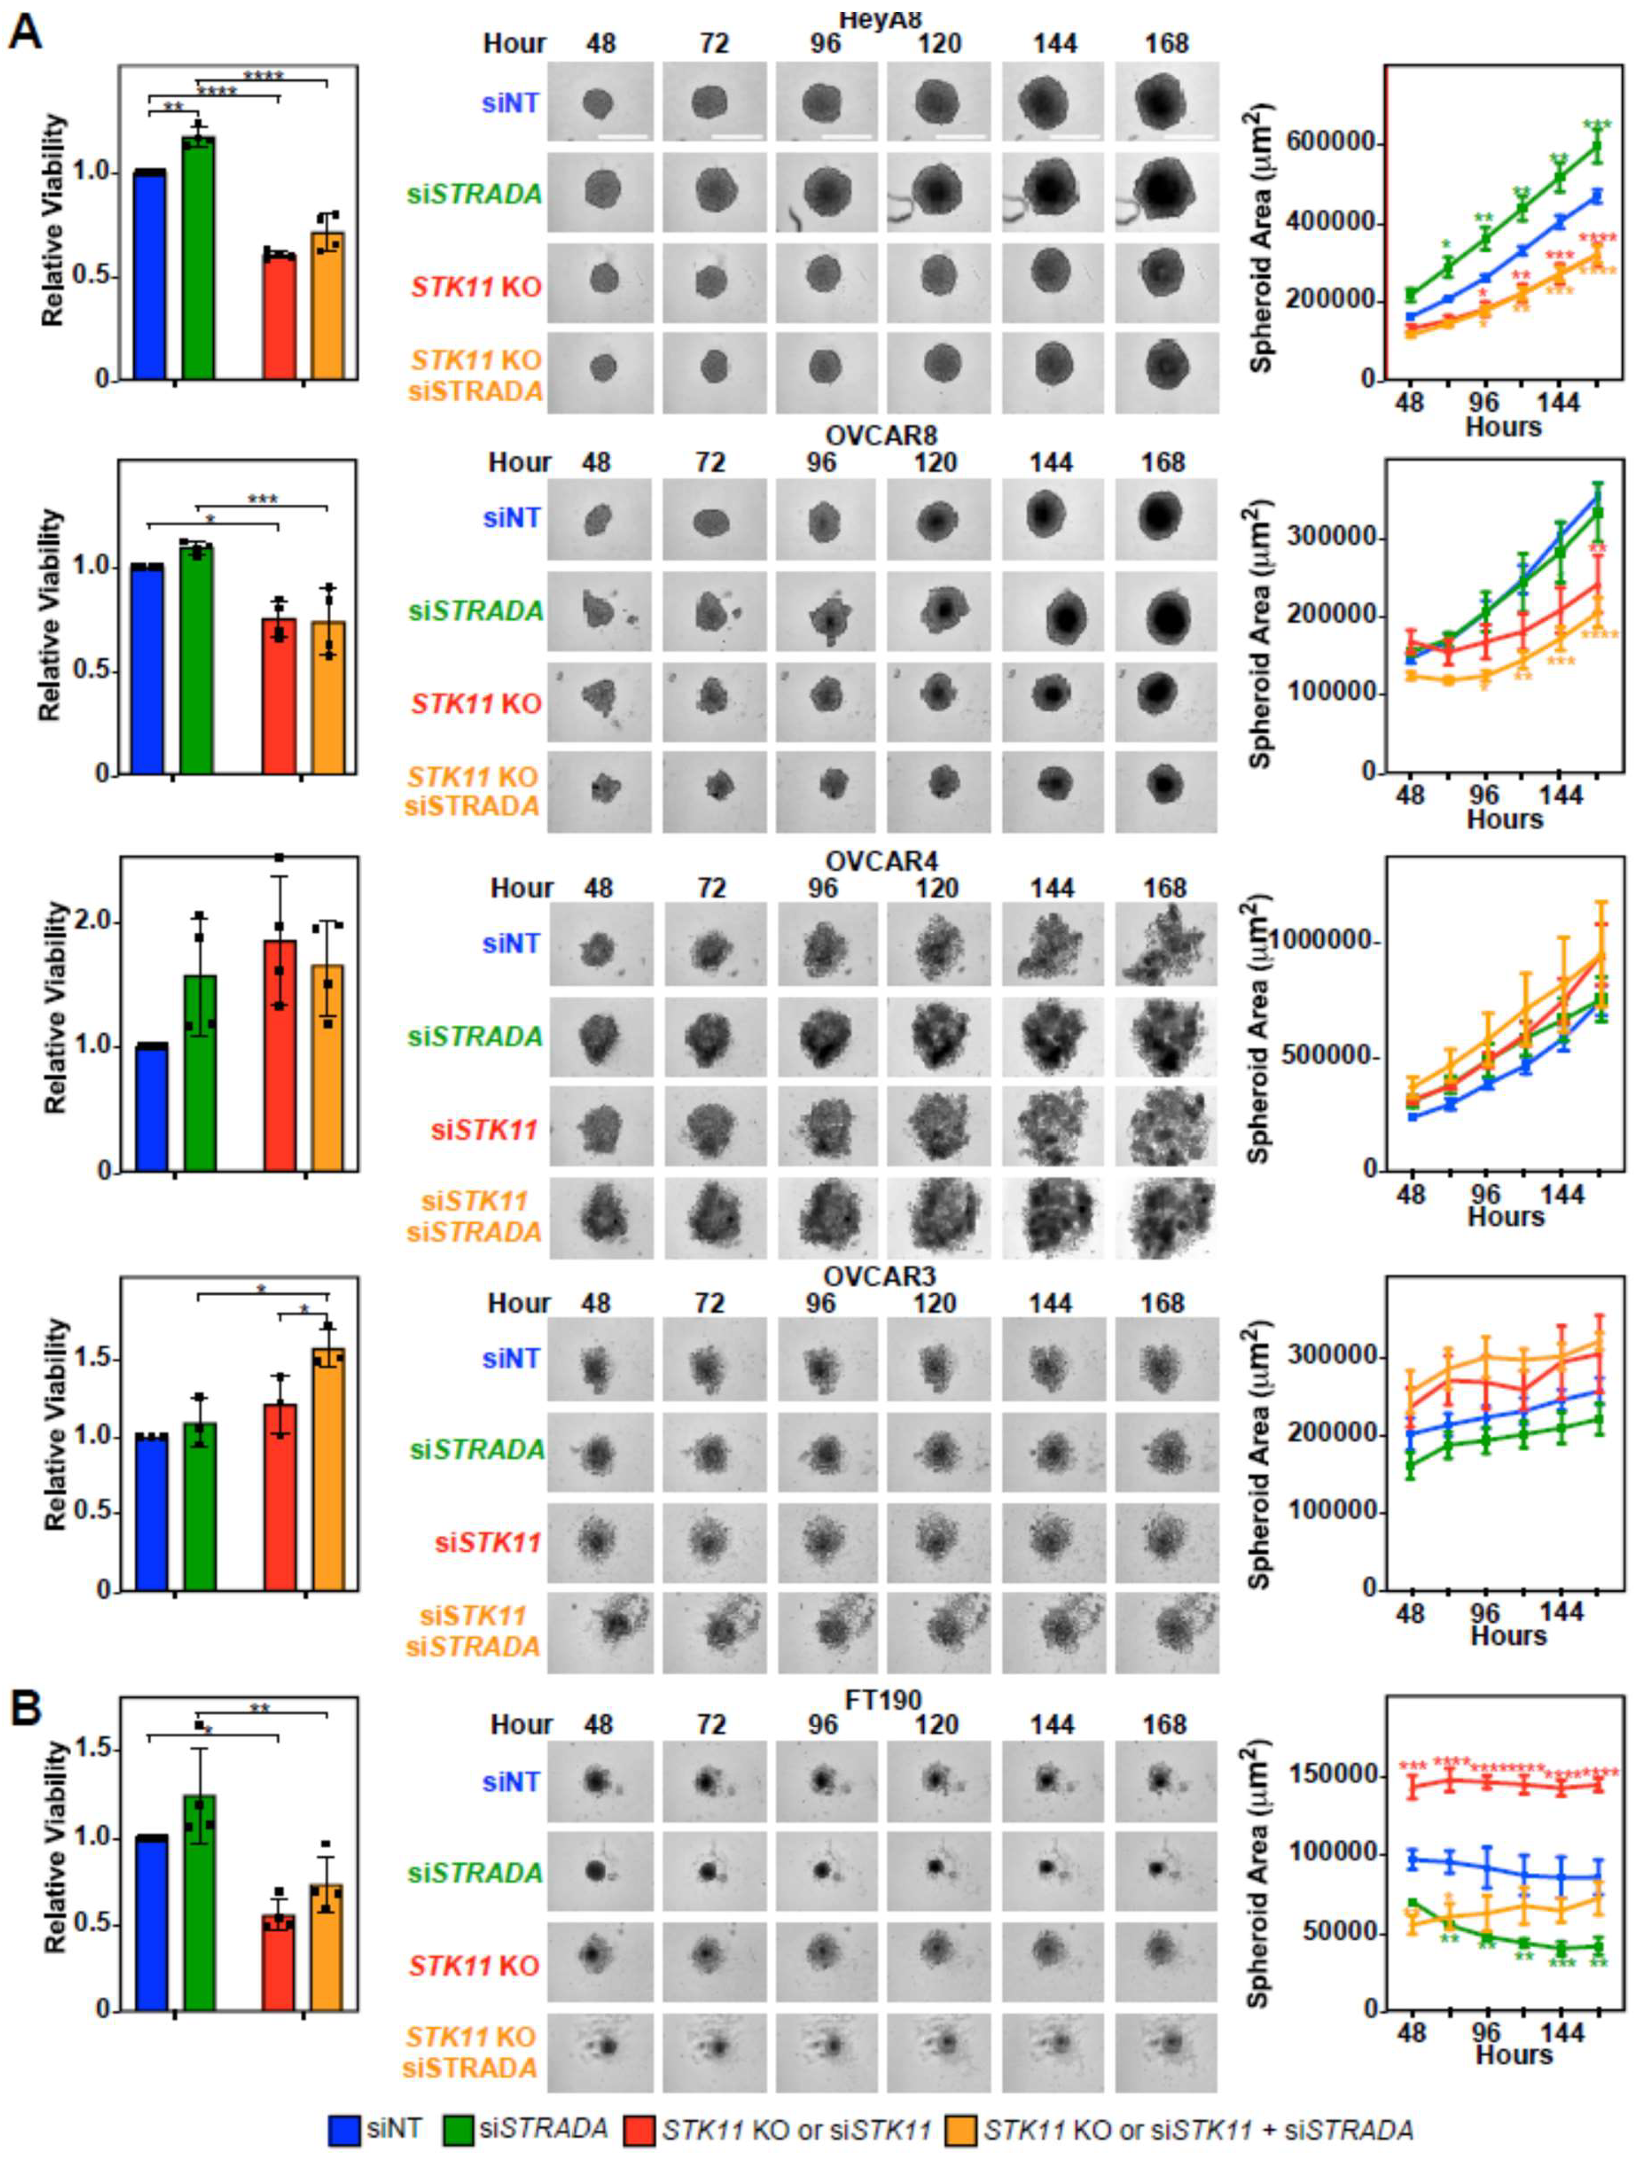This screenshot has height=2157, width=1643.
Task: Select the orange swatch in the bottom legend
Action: pos(962,2129)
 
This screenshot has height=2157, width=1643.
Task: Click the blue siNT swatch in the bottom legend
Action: pos(345,2129)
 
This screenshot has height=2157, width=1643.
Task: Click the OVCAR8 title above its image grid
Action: pos(881,436)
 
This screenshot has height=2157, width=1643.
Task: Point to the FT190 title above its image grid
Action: pos(883,1699)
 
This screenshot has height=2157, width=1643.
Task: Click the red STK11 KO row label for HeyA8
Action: pos(476,287)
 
